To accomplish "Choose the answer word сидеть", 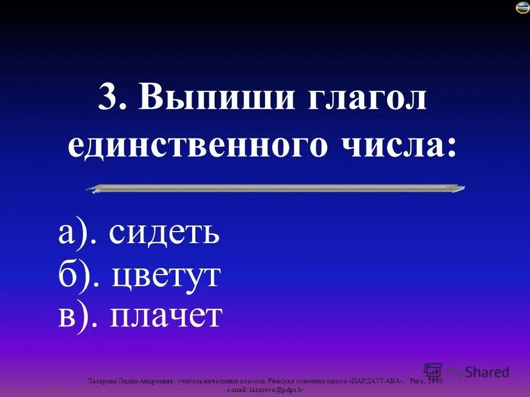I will (164, 234).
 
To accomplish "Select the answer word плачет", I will (166, 315).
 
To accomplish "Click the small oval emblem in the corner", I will (522, 7).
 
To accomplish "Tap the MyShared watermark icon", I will (433, 371).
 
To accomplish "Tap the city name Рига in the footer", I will (418, 381).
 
